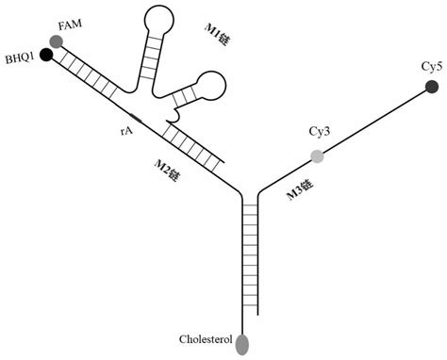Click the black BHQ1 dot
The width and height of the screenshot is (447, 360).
(46, 54)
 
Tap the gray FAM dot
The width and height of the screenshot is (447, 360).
(58, 41)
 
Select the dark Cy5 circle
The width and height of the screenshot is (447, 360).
(432, 87)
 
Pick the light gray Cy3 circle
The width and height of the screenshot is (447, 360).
(318, 155)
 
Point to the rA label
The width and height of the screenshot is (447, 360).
(125, 132)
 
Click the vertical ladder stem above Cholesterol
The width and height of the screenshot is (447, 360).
(250, 254)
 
